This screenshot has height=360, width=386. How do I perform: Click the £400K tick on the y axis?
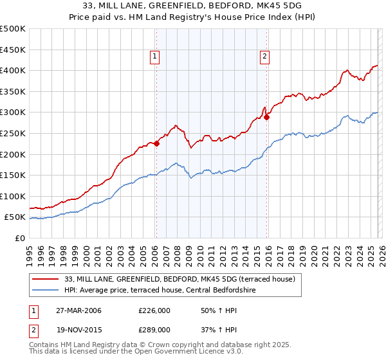click(x=13, y=71)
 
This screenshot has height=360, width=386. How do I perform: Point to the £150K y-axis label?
click(x=13, y=175)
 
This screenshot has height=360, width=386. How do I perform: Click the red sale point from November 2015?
click(x=266, y=117)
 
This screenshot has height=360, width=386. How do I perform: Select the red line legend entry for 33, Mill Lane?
click(x=179, y=279)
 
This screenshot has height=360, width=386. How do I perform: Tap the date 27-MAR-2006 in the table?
click(x=78, y=310)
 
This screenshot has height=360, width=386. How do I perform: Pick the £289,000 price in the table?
click(x=154, y=329)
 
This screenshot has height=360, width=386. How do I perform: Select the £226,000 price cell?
click(x=154, y=310)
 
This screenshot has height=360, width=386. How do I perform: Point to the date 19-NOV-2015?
click(x=78, y=329)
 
